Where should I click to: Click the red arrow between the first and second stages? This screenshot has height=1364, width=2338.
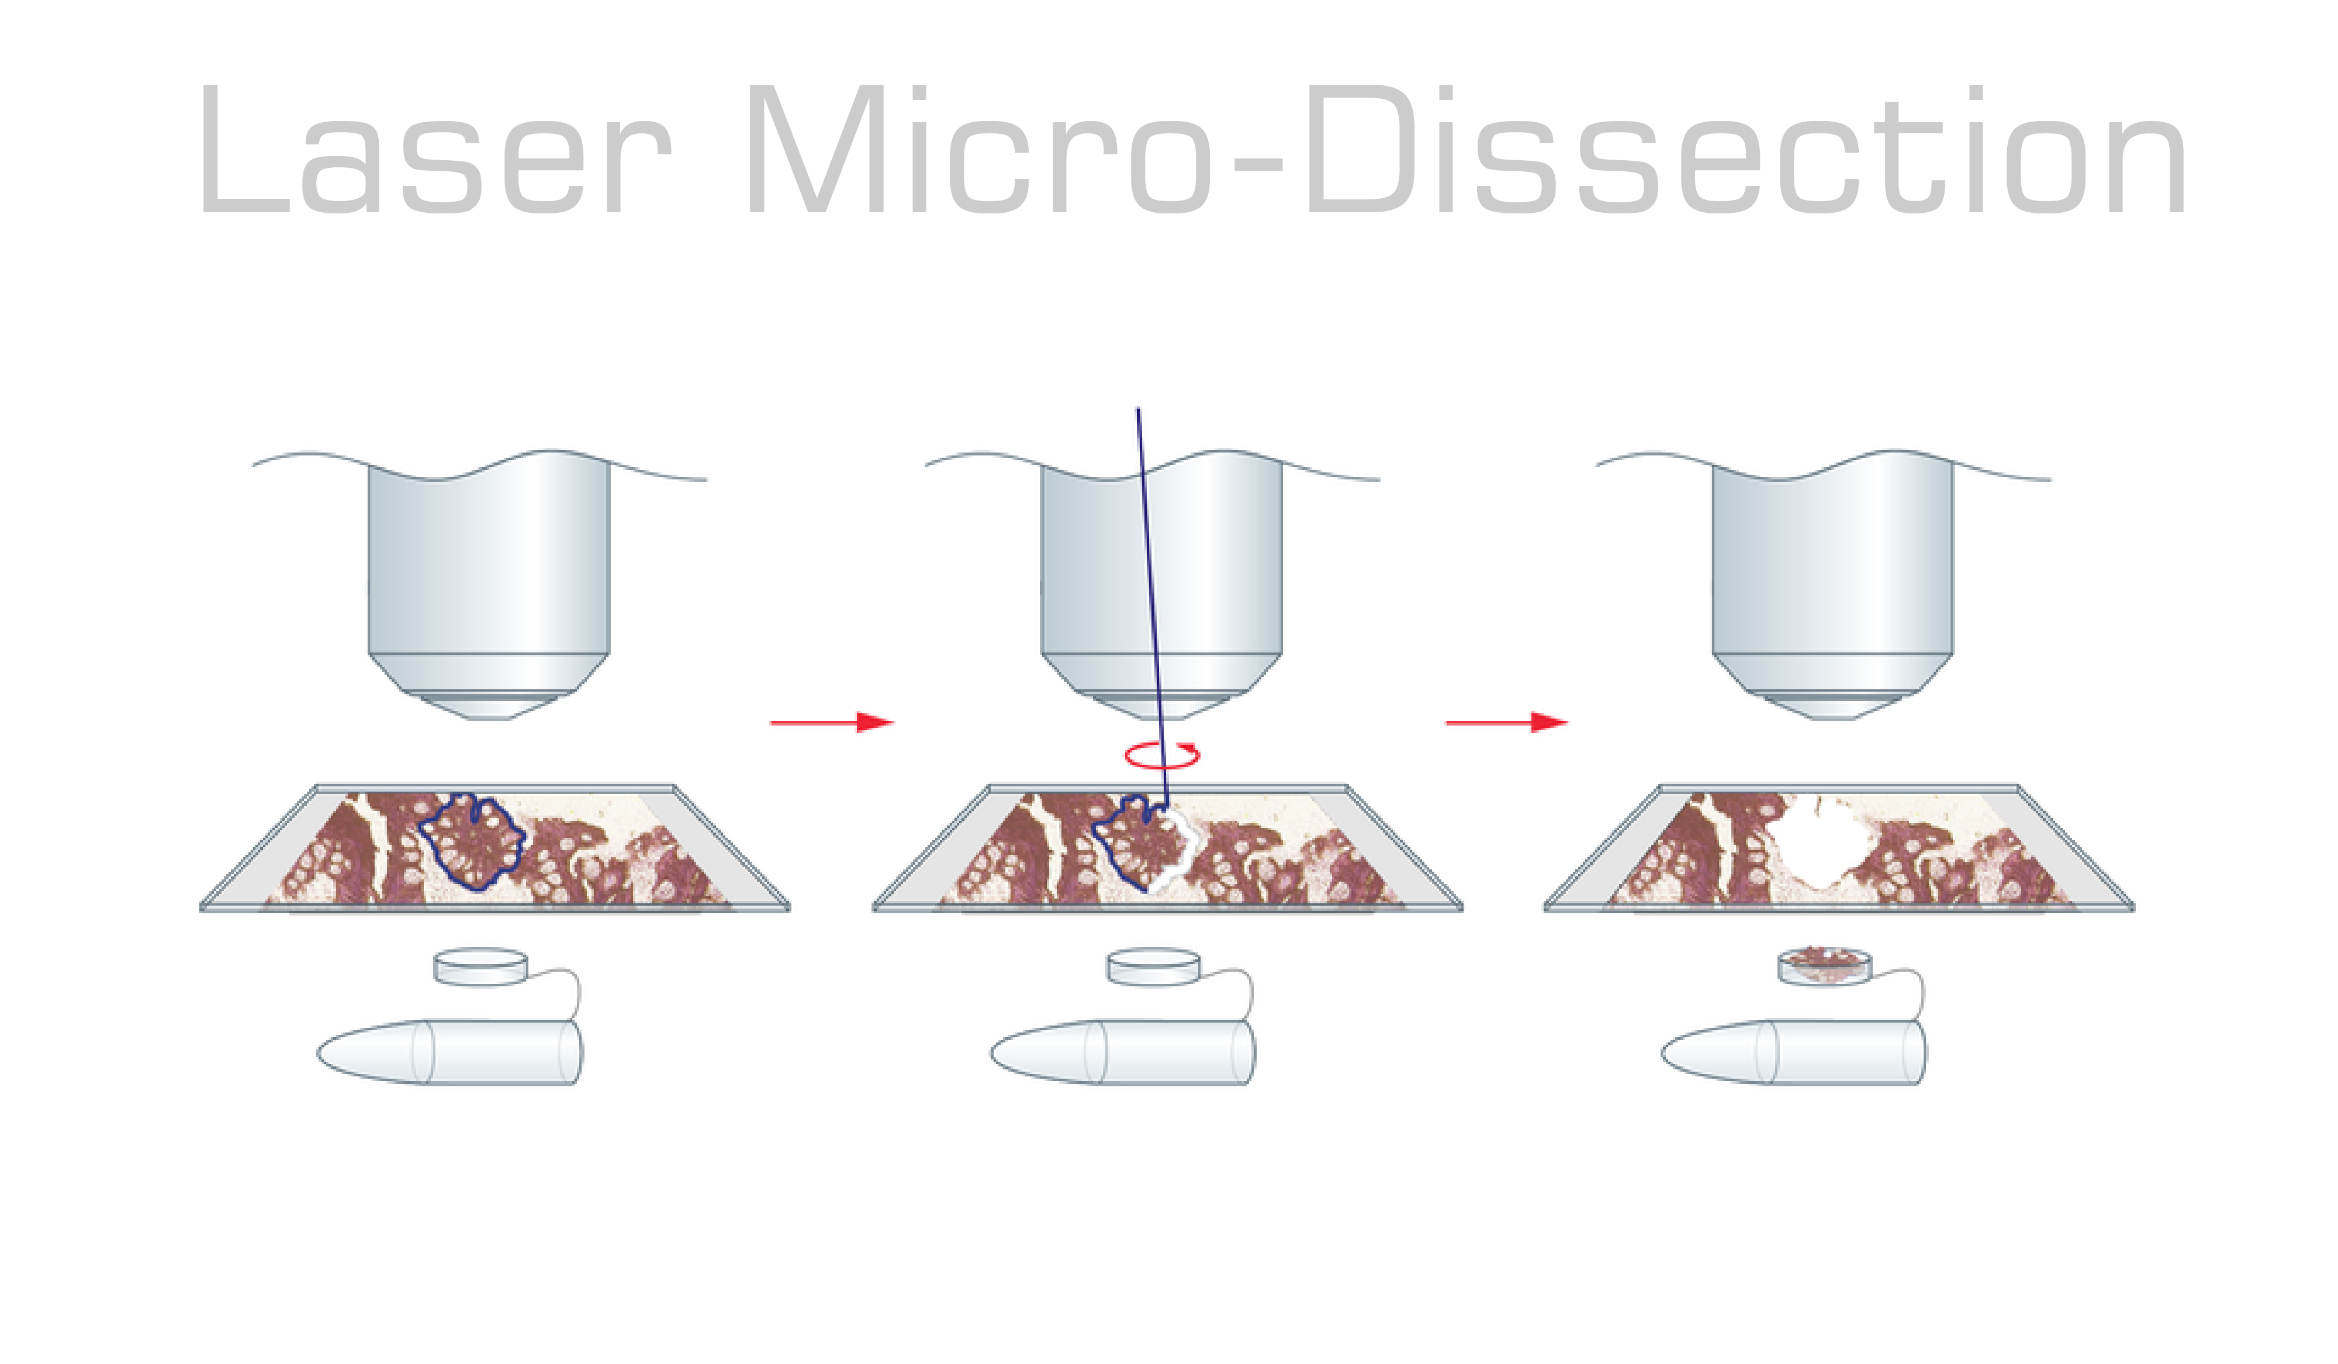(831, 722)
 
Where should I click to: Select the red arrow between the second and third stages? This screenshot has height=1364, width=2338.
(1507, 722)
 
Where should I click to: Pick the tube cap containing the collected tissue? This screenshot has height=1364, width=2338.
(1824, 967)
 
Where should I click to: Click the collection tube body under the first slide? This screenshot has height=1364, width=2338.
(450, 1052)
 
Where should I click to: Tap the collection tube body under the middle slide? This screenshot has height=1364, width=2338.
(1123, 1052)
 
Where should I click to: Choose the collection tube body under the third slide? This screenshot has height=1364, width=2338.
(1793, 1052)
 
